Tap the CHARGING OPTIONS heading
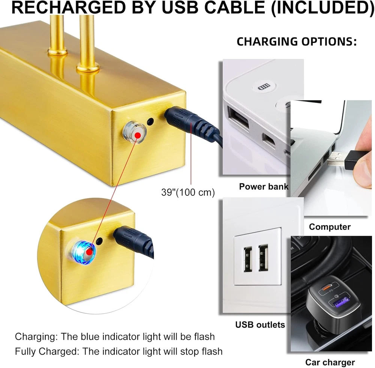(x=296, y=42)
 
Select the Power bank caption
(x=264, y=186)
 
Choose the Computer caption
(x=330, y=226)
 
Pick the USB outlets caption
(x=260, y=325)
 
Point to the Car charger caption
(x=330, y=362)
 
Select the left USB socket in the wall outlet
(x=248, y=259)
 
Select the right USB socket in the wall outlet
(x=263, y=258)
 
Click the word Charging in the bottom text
(x=34, y=337)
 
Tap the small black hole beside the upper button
(x=151, y=122)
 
